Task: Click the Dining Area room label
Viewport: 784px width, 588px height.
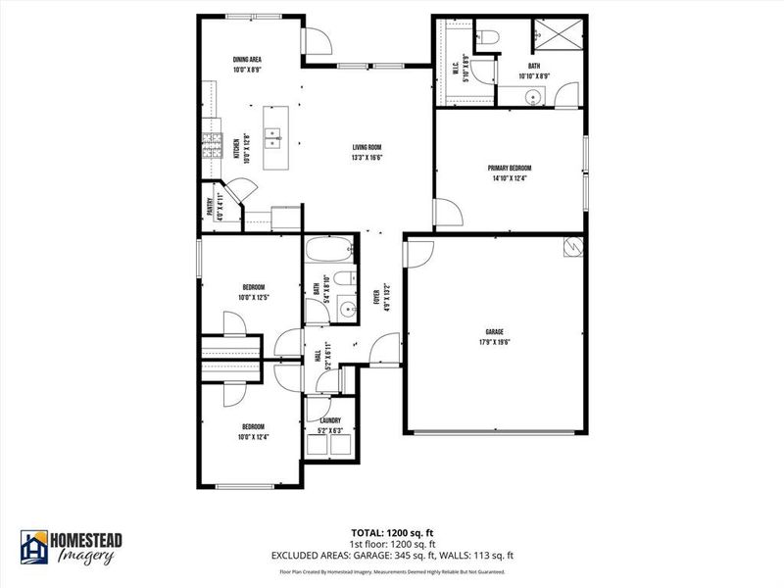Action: (x=247, y=60)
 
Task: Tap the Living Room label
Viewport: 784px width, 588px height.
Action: (x=367, y=148)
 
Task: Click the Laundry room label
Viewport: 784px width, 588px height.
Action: (x=329, y=420)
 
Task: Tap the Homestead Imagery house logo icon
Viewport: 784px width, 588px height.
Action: (x=35, y=547)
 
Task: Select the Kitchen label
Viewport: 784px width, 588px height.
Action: (x=236, y=147)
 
